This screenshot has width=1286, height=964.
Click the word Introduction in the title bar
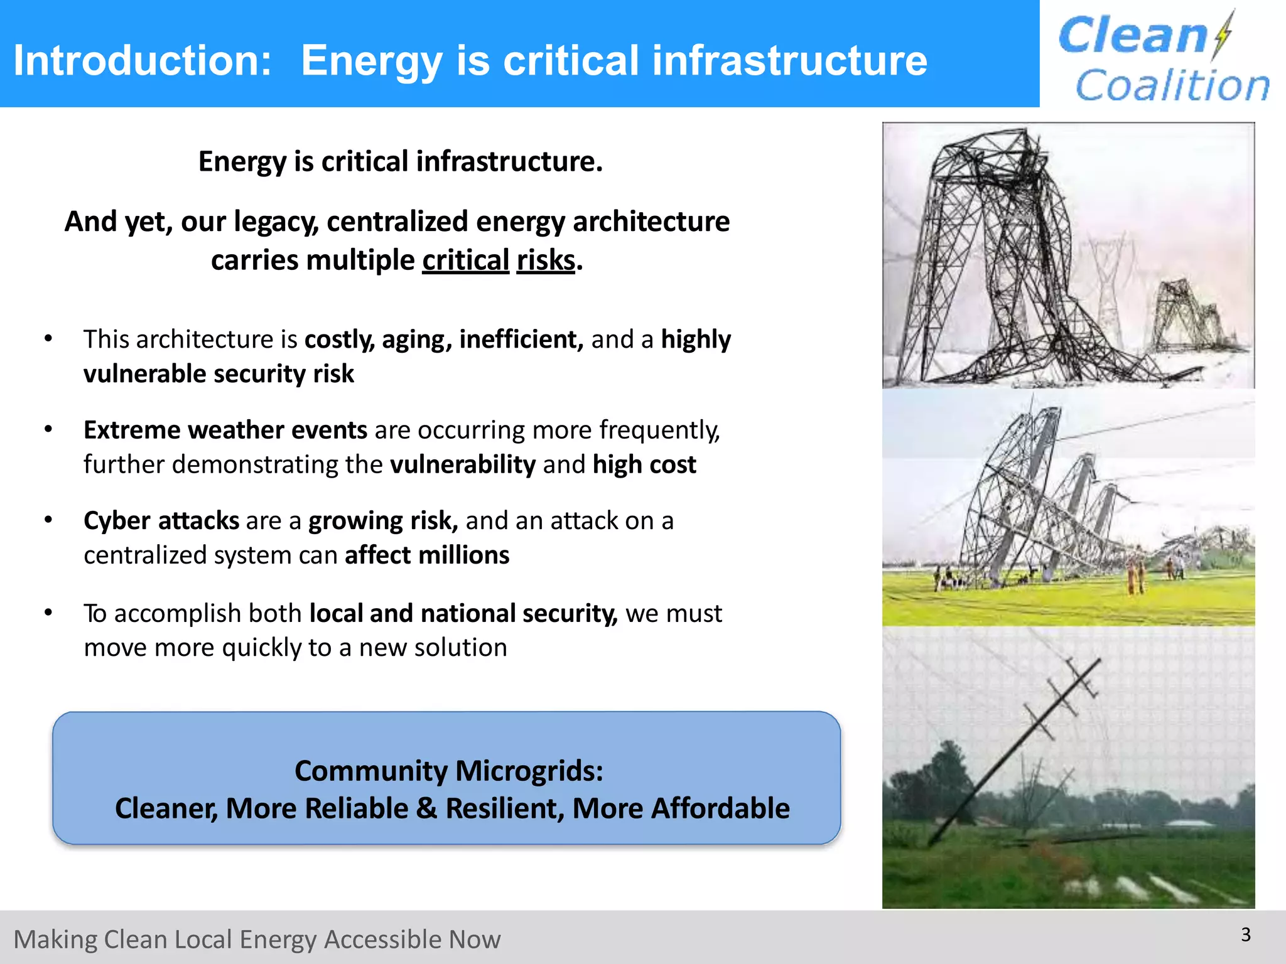point(142,61)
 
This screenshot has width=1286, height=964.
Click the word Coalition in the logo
point(1172,85)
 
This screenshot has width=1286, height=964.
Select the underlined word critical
point(465,260)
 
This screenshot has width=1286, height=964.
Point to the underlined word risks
point(545,260)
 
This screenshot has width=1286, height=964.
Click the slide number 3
point(1246,935)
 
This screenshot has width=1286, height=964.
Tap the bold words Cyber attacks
point(161,521)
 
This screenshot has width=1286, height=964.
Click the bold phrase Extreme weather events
point(225,430)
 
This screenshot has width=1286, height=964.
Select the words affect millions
point(427,555)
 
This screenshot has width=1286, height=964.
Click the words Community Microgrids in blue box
point(448,771)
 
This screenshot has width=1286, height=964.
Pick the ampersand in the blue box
point(426,808)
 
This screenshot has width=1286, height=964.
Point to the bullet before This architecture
point(48,339)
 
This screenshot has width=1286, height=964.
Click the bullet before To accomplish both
point(48,613)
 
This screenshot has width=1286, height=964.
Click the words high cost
point(644,464)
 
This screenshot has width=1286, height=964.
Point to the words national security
point(519,613)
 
